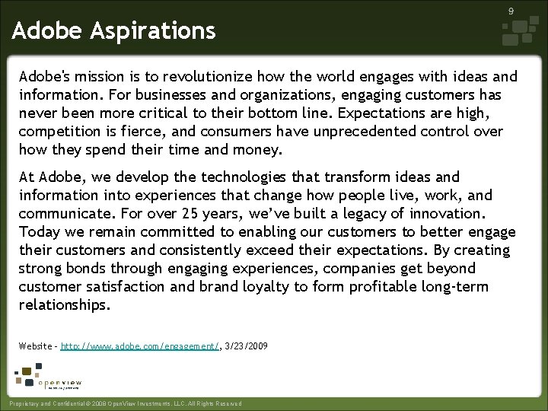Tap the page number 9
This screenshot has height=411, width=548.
point(511,11)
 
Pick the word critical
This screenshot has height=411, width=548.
point(185,113)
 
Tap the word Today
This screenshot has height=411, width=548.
point(37,232)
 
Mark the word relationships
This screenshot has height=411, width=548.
point(65,305)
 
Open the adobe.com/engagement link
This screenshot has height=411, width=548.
point(140,346)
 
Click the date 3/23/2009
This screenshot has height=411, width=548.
point(247,346)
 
